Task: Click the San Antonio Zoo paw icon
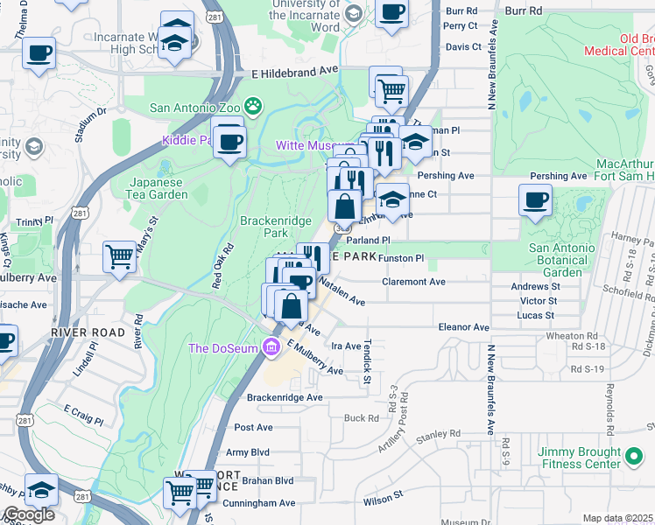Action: pos(253,108)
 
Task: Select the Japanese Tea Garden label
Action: pos(158,188)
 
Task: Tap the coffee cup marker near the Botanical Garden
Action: pos(535,200)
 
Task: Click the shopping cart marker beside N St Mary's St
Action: pos(120,256)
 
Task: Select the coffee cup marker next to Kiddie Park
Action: pos(229,142)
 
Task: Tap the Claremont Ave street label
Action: pos(414,282)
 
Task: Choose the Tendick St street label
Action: pos(368,360)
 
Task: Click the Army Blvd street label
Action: pos(248,452)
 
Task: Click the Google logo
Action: pos(29,514)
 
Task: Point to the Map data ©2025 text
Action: pos(618,518)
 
